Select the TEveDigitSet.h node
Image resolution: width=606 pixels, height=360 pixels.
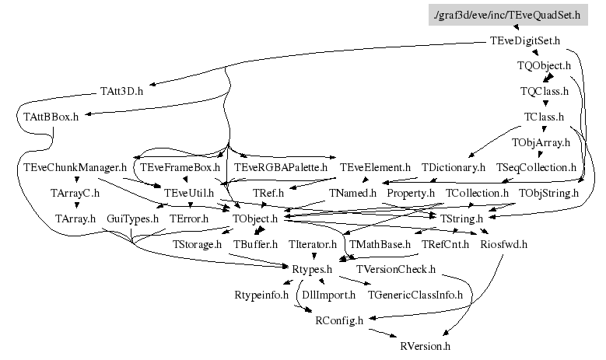click(x=526, y=40)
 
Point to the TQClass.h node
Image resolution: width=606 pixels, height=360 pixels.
click(x=545, y=91)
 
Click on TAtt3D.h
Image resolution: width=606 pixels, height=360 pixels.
click(x=122, y=91)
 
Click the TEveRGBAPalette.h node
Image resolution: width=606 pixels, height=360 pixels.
click(x=281, y=167)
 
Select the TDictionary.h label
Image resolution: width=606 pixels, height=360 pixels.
click(x=454, y=167)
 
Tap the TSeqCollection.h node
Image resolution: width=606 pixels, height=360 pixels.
click(x=536, y=167)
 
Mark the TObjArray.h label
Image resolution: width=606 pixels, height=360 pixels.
click(x=541, y=142)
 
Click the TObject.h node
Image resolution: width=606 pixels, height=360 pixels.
click(x=255, y=218)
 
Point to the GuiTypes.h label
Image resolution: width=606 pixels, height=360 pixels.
click(x=132, y=218)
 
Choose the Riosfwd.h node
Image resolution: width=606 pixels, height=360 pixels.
click(x=505, y=244)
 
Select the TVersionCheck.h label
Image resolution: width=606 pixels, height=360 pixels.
click(x=395, y=270)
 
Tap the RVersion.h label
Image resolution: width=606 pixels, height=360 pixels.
click(x=424, y=345)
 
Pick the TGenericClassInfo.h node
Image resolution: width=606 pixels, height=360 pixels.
click(x=415, y=295)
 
